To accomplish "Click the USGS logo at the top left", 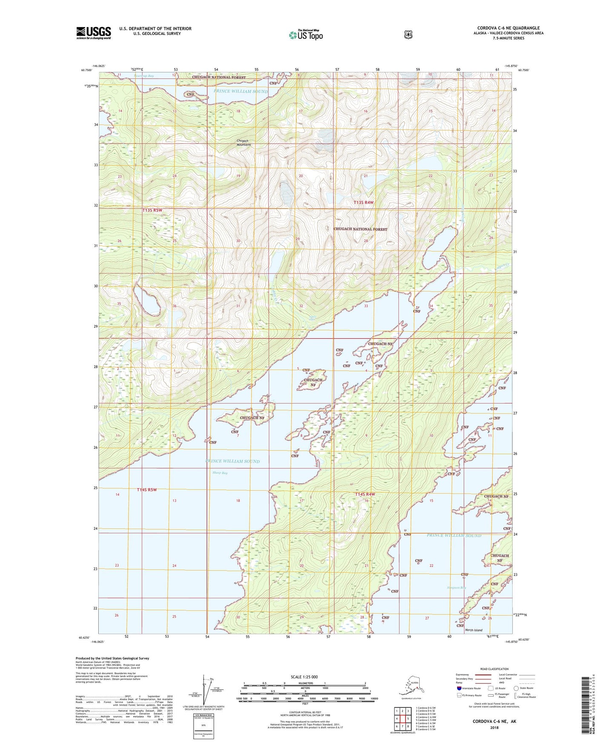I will pos(93,33).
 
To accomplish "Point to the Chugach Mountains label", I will pos(243,143).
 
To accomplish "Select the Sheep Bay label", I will pos(220,473).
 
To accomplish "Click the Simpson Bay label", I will pos(456,588).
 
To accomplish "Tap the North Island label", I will pos(473,630).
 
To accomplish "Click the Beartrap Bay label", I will pos(144,76).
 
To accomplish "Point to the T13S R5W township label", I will pos(152,210).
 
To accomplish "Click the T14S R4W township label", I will pos(365,494).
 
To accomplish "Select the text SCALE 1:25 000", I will pos(304,677).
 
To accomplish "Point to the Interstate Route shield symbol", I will pos(459,688).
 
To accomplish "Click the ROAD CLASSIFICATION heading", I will pos(495,669).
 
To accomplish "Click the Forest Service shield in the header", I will pos(408,34).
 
